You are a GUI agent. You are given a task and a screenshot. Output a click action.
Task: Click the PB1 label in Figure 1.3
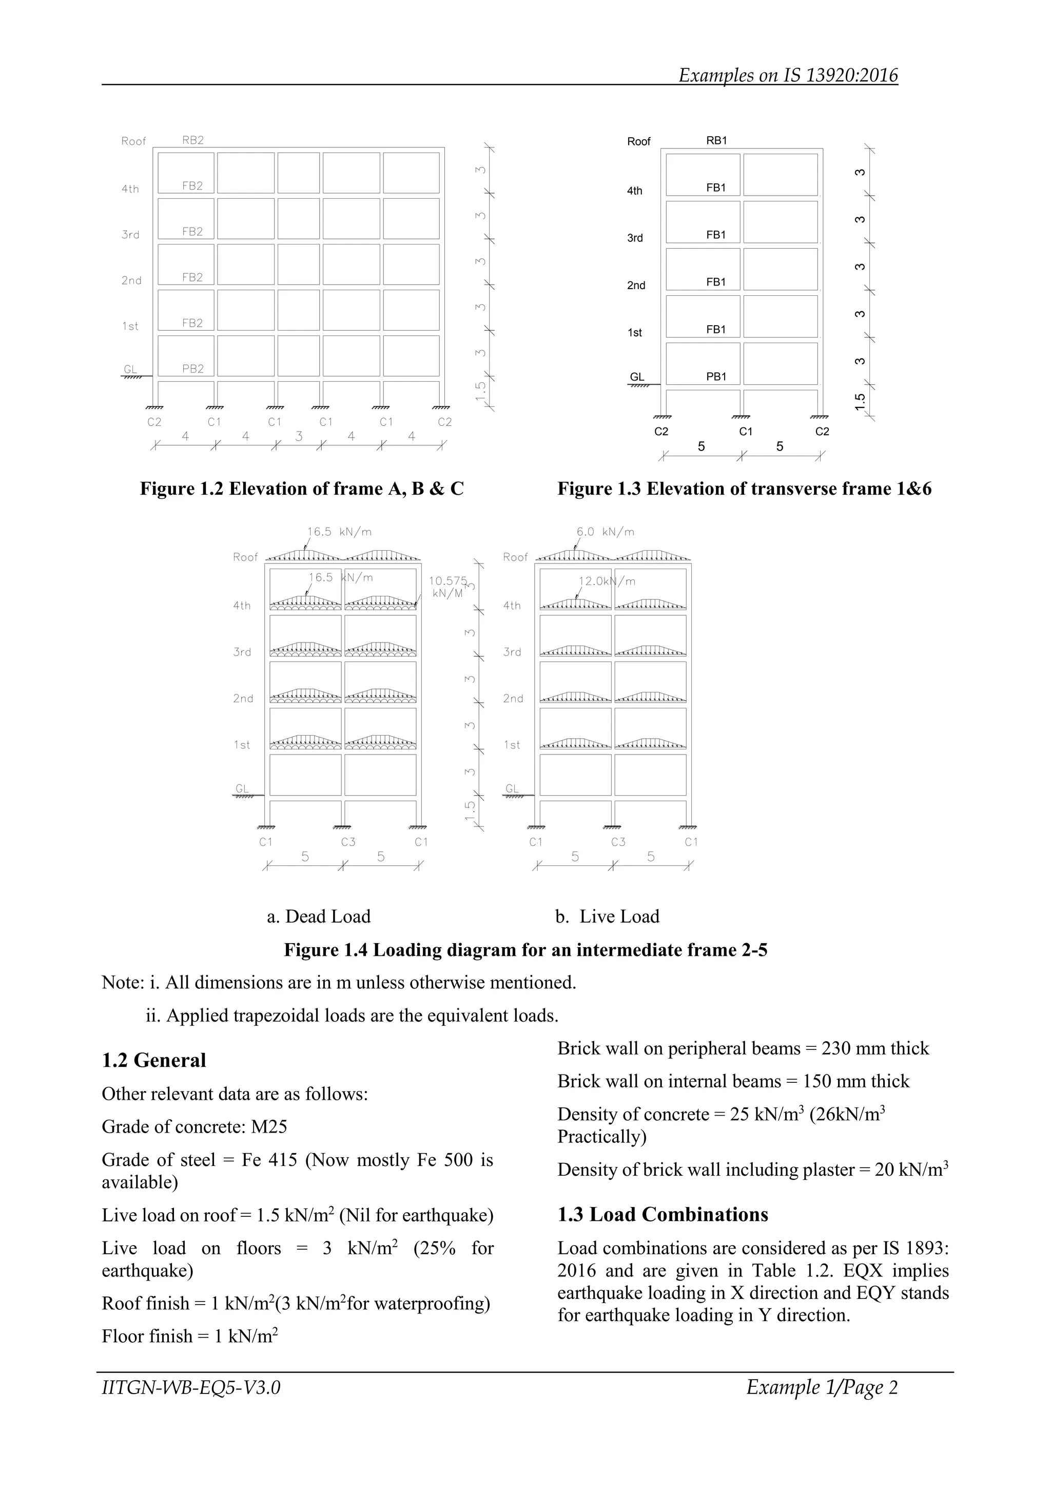pyautogui.click(x=716, y=377)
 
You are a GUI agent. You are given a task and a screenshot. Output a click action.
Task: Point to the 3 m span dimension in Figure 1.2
pyautogui.click(x=299, y=437)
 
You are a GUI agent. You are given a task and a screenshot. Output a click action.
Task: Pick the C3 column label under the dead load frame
pyautogui.click(x=348, y=842)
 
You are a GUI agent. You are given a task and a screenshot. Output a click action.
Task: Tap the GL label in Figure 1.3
pyautogui.click(x=637, y=377)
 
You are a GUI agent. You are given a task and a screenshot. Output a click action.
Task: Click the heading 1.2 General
pyautogui.click(x=154, y=1060)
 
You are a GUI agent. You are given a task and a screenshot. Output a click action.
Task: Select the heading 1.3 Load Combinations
pyautogui.click(x=663, y=1214)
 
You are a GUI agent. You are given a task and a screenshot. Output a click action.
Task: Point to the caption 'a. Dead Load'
pyautogui.click(x=318, y=916)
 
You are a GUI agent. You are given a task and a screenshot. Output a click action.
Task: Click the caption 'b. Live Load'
pyautogui.click(x=607, y=916)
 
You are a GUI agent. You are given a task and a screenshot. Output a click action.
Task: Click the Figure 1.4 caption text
pyautogui.click(x=525, y=950)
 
